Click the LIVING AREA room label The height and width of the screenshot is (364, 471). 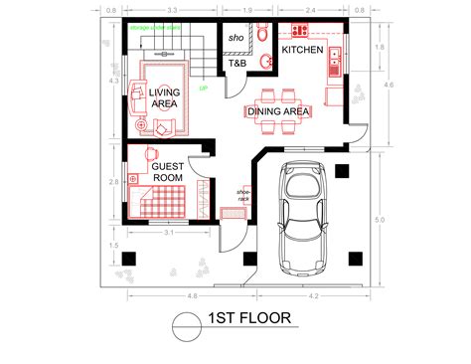pos(165,97)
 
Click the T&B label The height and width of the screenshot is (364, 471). pos(238,63)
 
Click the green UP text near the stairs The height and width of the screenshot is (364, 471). pos(203,89)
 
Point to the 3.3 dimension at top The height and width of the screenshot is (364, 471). pos(172,10)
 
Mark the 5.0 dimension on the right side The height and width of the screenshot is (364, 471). pos(379,219)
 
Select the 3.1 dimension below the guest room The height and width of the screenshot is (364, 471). pos(170,232)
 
